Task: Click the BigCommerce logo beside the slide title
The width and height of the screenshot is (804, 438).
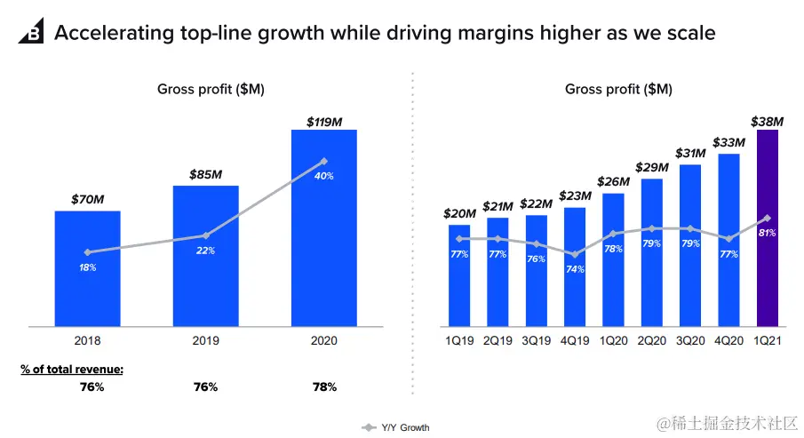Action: pyautogui.click(x=31, y=34)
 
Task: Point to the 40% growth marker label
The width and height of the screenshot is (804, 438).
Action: pyautogui.click(x=324, y=176)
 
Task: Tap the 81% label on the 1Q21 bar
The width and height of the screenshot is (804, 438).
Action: pyautogui.click(x=768, y=233)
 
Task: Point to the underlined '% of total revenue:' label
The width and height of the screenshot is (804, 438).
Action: pyautogui.click(x=72, y=368)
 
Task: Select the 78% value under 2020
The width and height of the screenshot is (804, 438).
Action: pyautogui.click(x=324, y=387)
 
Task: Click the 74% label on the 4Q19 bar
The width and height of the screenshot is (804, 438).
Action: pyautogui.click(x=575, y=268)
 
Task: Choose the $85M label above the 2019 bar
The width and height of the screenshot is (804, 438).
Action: pyautogui.click(x=205, y=175)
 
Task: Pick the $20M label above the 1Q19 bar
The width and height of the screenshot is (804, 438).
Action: pyautogui.click(x=459, y=214)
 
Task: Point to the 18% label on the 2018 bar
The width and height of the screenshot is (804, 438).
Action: pyautogui.click(x=87, y=267)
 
